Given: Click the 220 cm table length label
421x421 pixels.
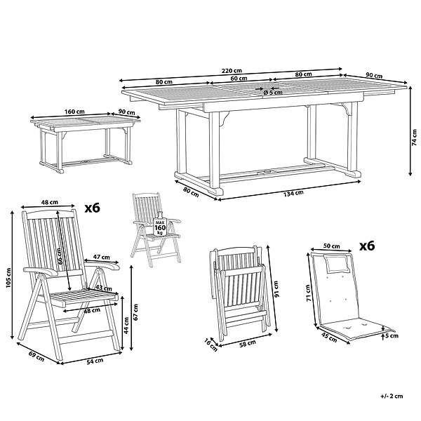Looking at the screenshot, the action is point(232,71).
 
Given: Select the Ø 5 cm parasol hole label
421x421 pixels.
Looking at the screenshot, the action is point(273,93).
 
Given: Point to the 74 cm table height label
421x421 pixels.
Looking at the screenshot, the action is point(415,138).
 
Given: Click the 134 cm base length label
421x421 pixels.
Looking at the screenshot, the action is point(293,193).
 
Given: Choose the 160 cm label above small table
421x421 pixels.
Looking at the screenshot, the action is point(74,112).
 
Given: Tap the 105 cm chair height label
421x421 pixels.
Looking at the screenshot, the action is point(8,278).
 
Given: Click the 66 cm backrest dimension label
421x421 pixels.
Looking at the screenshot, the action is point(60,256).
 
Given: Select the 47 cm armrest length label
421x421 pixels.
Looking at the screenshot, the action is point(102,257).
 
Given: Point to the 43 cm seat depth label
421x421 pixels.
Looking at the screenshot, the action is point(104,288).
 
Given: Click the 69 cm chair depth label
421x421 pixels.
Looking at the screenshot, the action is point(36,356).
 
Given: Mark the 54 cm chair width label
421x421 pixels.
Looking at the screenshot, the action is point(95,361).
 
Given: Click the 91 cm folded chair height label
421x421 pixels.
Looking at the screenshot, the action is point(277,289).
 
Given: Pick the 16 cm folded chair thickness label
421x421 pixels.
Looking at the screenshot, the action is point(210,345).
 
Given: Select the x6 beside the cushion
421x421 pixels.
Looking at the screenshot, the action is point(367,246).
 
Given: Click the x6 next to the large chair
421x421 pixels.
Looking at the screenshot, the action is point(93,208).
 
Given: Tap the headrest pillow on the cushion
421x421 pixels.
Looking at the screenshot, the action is point(336,263).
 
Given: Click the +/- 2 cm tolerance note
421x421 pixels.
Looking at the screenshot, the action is point(392,396).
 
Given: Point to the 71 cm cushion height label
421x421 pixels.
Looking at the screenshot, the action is point(308,293).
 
